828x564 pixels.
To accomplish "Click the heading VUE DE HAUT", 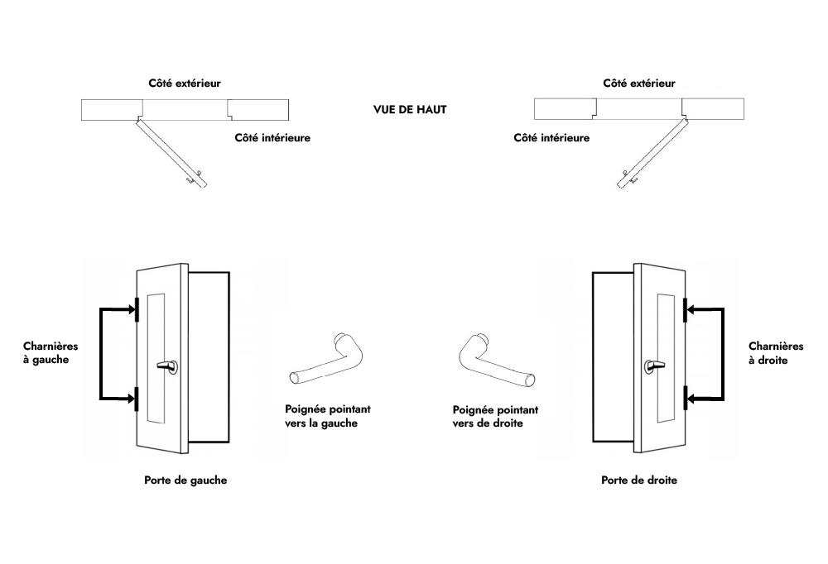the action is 410,110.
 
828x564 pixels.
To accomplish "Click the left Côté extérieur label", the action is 185,84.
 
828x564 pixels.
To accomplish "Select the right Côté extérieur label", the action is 639,84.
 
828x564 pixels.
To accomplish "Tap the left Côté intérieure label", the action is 272,138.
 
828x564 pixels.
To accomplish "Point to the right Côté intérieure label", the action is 551,138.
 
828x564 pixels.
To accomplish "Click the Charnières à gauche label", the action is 51,353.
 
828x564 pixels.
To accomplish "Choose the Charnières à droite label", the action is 776,353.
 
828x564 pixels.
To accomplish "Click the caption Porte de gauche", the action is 185,480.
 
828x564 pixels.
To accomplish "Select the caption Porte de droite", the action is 639,480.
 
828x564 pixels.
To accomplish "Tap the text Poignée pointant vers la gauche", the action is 327,416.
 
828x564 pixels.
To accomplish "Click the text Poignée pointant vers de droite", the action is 495,416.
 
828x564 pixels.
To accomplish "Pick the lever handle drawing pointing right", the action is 497,360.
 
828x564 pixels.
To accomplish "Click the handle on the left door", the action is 168,366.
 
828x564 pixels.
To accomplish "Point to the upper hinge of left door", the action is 137,309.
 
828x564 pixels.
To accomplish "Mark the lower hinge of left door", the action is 137,399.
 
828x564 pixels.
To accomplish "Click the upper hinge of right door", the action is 685,309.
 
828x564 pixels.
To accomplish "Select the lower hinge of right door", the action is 685,399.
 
